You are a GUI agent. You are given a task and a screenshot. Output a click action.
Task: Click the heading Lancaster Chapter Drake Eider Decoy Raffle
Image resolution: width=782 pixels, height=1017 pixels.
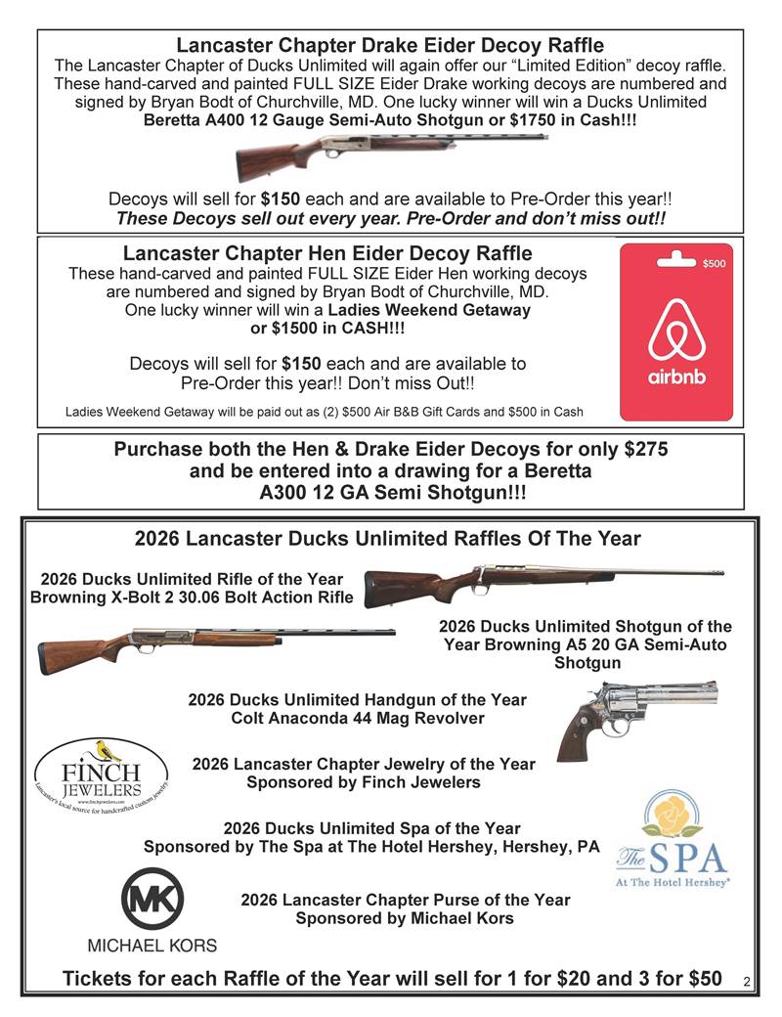pyautogui.click(x=390, y=45)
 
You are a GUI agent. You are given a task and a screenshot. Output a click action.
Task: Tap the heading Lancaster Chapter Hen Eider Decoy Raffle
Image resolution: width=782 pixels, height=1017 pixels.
pyautogui.click(x=327, y=254)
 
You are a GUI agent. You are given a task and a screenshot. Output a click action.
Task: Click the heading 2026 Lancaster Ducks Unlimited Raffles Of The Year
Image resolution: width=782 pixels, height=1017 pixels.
pyautogui.click(x=387, y=538)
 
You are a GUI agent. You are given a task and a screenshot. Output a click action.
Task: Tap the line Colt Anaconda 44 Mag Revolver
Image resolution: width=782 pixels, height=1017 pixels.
pyautogui.click(x=357, y=719)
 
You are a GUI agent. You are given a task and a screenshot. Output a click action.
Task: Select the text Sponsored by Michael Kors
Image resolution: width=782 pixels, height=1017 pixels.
pyautogui.click(x=404, y=918)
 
